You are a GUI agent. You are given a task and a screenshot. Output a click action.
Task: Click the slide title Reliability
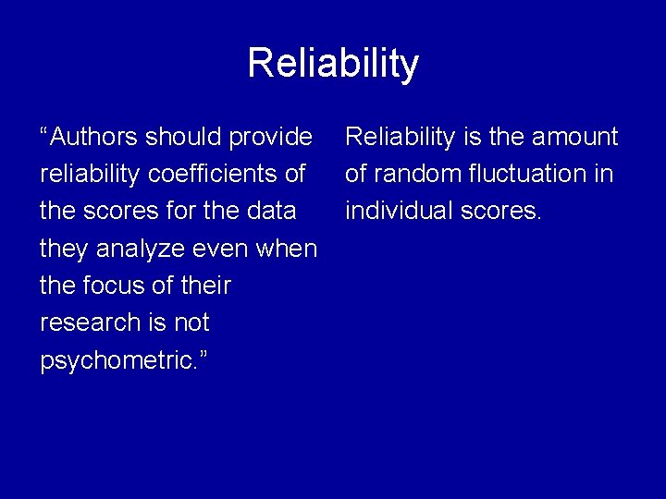coord(333,64)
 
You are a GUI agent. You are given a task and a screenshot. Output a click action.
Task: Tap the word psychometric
coord(117,360)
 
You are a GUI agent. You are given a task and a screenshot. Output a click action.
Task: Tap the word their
coord(204,286)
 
